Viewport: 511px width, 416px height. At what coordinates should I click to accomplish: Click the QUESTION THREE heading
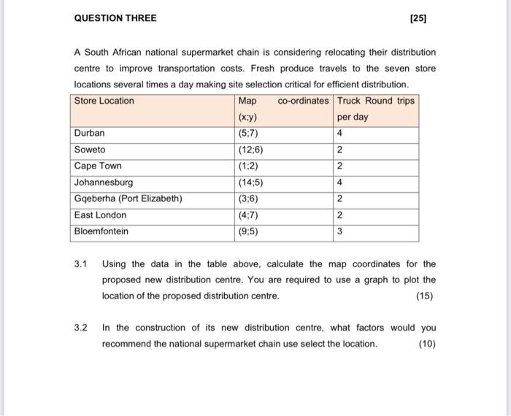click(x=115, y=18)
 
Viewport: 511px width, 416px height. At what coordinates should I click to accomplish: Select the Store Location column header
click(x=104, y=101)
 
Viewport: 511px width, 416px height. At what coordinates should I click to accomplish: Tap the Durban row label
click(x=90, y=134)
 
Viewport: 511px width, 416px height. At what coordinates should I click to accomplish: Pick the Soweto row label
click(x=90, y=150)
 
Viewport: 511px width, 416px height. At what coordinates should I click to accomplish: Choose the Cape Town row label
click(x=98, y=166)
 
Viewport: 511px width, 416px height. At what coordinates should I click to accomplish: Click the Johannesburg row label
click(x=104, y=182)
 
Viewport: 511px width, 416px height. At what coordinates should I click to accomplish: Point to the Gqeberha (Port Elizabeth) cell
click(x=128, y=199)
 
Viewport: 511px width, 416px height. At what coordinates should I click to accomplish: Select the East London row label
click(x=100, y=215)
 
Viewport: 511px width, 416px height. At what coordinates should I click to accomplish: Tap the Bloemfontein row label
click(x=101, y=231)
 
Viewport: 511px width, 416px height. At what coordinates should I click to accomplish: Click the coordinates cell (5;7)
click(x=248, y=134)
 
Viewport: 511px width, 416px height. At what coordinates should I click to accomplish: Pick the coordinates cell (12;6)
click(x=250, y=150)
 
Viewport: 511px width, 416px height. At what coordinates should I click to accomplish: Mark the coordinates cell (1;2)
click(x=248, y=166)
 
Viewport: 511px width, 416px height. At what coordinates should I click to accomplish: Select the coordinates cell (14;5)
click(x=250, y=182)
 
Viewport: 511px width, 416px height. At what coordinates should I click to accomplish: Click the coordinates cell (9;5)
click(x=248, y=231)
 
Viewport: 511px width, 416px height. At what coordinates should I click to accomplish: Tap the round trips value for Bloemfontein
click(x=340, y=231)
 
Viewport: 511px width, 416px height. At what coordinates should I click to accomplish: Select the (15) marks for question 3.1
click(x=424, y=296)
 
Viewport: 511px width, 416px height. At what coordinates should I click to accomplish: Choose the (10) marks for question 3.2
click(x=428, y=344)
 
